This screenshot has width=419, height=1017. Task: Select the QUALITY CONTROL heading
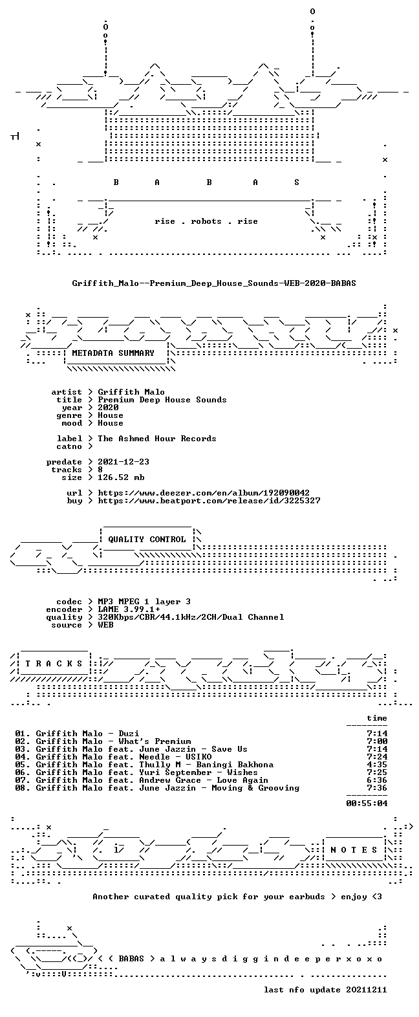click(x=147, y=540)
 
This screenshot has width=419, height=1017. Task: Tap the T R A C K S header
click(x=54, y=664)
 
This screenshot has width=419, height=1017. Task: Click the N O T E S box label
click(x=354, y=850)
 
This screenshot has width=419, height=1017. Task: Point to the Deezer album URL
click(x=204, y=493)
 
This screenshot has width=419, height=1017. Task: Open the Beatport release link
click(x=209, y=501)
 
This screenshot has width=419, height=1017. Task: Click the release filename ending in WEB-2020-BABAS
click(x=214, y=283)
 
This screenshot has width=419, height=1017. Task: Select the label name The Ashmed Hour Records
click(x=156, y=439)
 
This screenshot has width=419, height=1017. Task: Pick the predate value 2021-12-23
click(x=124, y=462)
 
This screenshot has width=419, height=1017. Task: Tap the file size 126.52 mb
click(x=121, y=477)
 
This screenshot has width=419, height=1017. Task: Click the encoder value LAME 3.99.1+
click(x=129, y=609)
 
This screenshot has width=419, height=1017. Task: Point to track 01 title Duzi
click(x=129, y=733)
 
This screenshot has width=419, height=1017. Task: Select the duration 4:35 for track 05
click(x=377, y=765)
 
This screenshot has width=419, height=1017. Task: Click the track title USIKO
click(x=199, y=757)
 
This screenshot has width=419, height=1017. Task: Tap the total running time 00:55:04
click(x=367, y=803)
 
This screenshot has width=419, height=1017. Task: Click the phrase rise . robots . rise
click(x=206, y=221)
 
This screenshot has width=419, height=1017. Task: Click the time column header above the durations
click(x=377, y=718)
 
